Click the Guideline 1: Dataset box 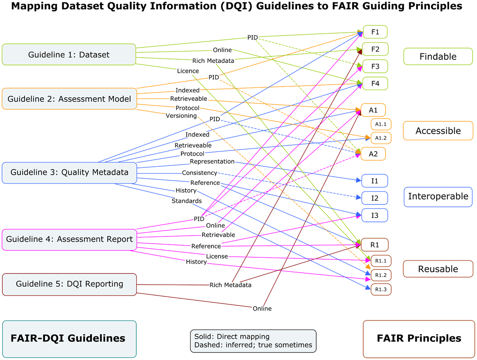[x=69, y=54]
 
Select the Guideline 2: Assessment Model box [x=69, y=99]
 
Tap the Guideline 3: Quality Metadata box [x=69, y=173]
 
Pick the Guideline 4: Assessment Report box [x=69, y=239]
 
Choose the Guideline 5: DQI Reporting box [x=69, y=284]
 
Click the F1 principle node [x=375, y=32]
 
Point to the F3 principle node [x=375, y=66]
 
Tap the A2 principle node [x=373, y=154]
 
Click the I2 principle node [x=374, y=198]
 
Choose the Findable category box [x=438, y=56]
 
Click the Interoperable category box [x=438, y=197]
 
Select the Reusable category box [x=438, y=269]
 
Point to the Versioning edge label [x=182, y=116]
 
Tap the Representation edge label [x=212, y=162]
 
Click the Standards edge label [x=186, y=201]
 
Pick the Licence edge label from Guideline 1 [x=188, y=71]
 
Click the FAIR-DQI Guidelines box [x=69, y=339]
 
